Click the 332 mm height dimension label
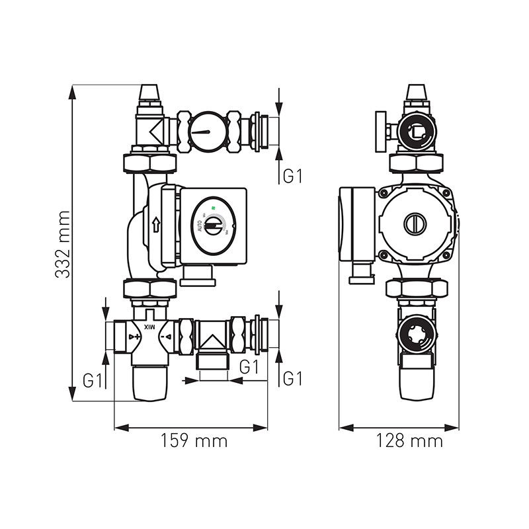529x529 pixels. tap(63, 245)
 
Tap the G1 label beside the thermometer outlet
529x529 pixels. tap(292, 176)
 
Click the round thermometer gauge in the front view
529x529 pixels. tap(207, 132)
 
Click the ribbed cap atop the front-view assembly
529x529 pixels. tap(151, 94)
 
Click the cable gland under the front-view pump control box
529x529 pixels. tap(198, 275)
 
